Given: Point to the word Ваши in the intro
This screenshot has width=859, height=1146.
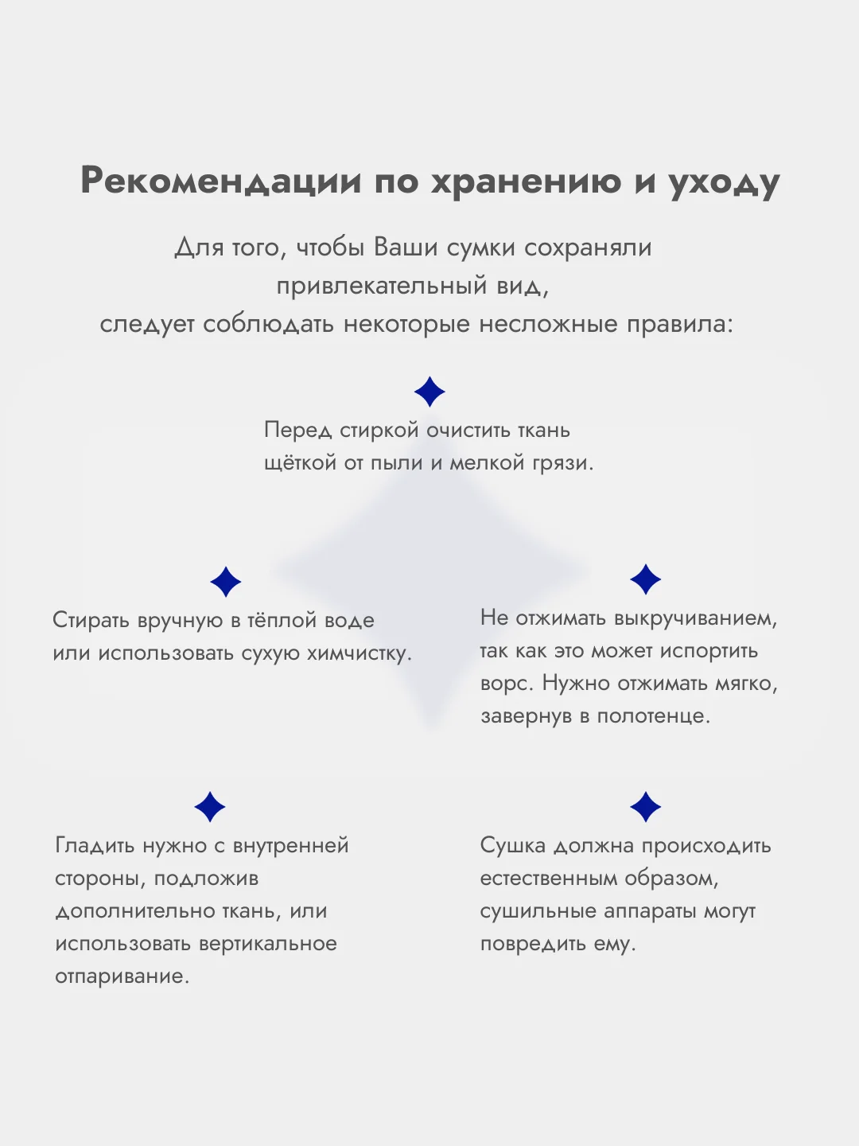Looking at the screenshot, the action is (x=406, y=247).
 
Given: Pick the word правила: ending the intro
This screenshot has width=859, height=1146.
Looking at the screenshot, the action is (x=680, y=325).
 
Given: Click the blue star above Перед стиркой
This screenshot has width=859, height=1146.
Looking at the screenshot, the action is (x=429, y=392).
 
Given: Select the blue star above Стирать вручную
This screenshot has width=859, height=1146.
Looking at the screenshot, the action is (x=225, y=582).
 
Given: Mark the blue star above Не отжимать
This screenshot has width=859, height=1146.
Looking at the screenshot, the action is (x=645, y=579).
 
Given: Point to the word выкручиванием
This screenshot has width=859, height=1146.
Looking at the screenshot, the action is (x=695, y=618).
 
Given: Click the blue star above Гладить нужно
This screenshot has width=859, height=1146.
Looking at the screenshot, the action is (x=210, y=807).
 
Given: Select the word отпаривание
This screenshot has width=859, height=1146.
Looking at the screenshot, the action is (x=122, y=976).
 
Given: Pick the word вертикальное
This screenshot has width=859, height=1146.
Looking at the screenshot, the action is (x=268, y=944).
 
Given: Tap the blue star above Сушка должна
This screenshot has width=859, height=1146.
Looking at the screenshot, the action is (x=645, y=807).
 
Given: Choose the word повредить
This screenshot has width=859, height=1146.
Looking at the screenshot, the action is (x=533, y=944).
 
